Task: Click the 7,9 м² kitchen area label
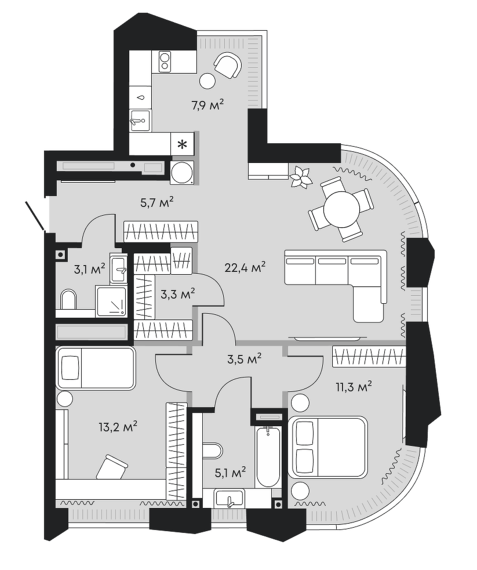tap(207, 105)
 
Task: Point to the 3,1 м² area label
tap(89, 268)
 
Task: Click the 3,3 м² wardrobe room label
tap(177, 294)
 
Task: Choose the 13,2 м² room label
tap(118, 428)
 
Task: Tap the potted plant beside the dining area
tap(300, 176)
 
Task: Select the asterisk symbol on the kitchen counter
tap(182, 144)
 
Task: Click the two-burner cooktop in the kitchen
tap(165, 61)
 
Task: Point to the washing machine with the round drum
tap(183, 172)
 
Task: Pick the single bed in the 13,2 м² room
tap(96, 368)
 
